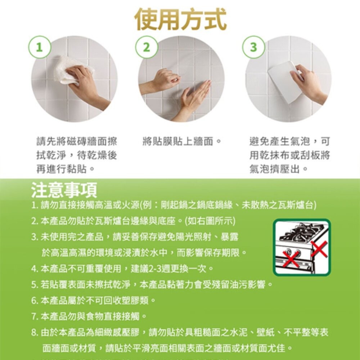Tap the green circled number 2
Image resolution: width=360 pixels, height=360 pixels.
tap(146, 47)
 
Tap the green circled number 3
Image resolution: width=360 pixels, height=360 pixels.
tap(253, 47)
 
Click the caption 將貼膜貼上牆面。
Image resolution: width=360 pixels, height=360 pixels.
tap(182, 141)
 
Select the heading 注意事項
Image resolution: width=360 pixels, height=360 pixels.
tap(64, 190)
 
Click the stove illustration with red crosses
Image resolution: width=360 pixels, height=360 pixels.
tap(302, 248)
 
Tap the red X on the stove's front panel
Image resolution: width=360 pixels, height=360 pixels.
tap(291, 259)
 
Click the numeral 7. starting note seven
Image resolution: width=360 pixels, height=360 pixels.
tap(35, 317)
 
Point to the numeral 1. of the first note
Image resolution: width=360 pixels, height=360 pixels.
tap(35, 206)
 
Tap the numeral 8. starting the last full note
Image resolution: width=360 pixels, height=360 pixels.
tap(35, 333)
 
